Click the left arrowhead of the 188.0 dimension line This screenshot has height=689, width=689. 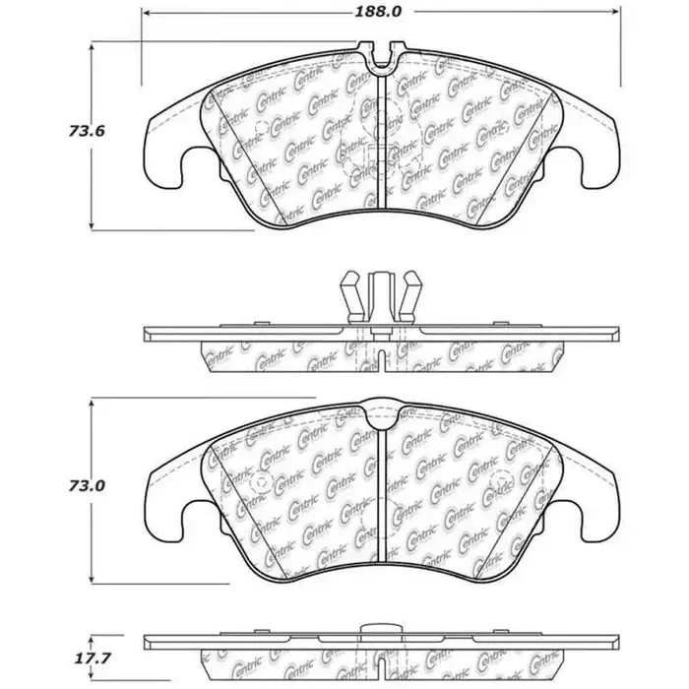[x=148, y=15]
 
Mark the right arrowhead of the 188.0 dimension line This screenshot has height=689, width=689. [x=616, y=15]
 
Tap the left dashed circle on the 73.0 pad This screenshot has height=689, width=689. [x=261, y=483]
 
